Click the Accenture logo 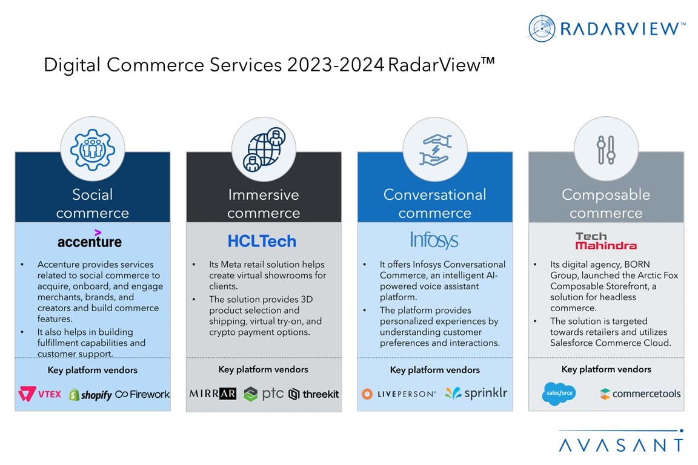[90, 239]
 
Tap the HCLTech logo [262, 241]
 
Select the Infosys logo [434, 240]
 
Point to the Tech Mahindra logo [606, 241]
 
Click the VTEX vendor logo [39, 394]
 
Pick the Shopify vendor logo [90, 394]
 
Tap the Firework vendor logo [142, 394]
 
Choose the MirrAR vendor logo [213, 394]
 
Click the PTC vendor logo [264, 394]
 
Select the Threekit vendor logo [314, 394]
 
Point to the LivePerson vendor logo [399, 394]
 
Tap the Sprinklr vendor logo [476, 394]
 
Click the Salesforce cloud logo [559, 394]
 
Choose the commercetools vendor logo [640, 394]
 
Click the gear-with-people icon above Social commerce [93, 150]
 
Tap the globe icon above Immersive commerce [264, 150]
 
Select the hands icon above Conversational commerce [436, 150]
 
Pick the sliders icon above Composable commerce [606, 150]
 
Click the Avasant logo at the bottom [621, 441]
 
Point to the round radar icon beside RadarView [542, 28]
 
